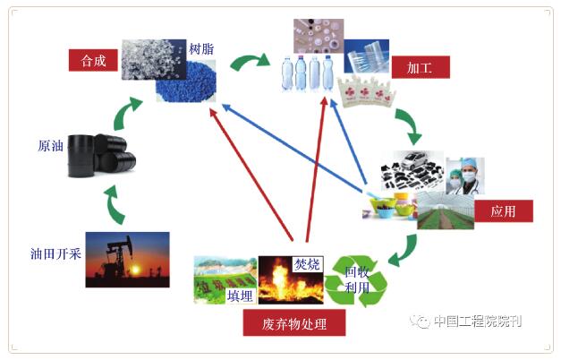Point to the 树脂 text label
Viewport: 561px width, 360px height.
coord(201,47)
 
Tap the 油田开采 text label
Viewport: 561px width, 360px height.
coord(55,253)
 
